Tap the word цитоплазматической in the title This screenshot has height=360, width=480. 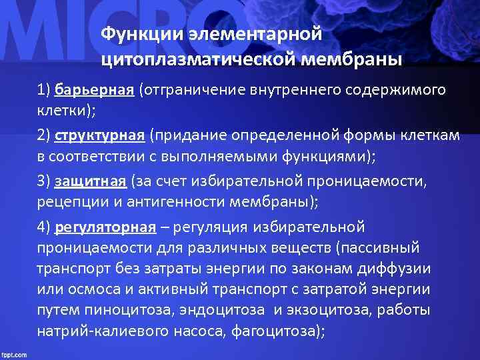(x=193, y=61)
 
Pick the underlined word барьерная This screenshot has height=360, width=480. (x=95, y=90)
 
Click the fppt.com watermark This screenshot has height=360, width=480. (x=14, y=353)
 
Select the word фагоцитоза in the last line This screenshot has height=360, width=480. (x=283, y=331)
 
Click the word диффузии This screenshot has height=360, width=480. (x=396, y=269)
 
